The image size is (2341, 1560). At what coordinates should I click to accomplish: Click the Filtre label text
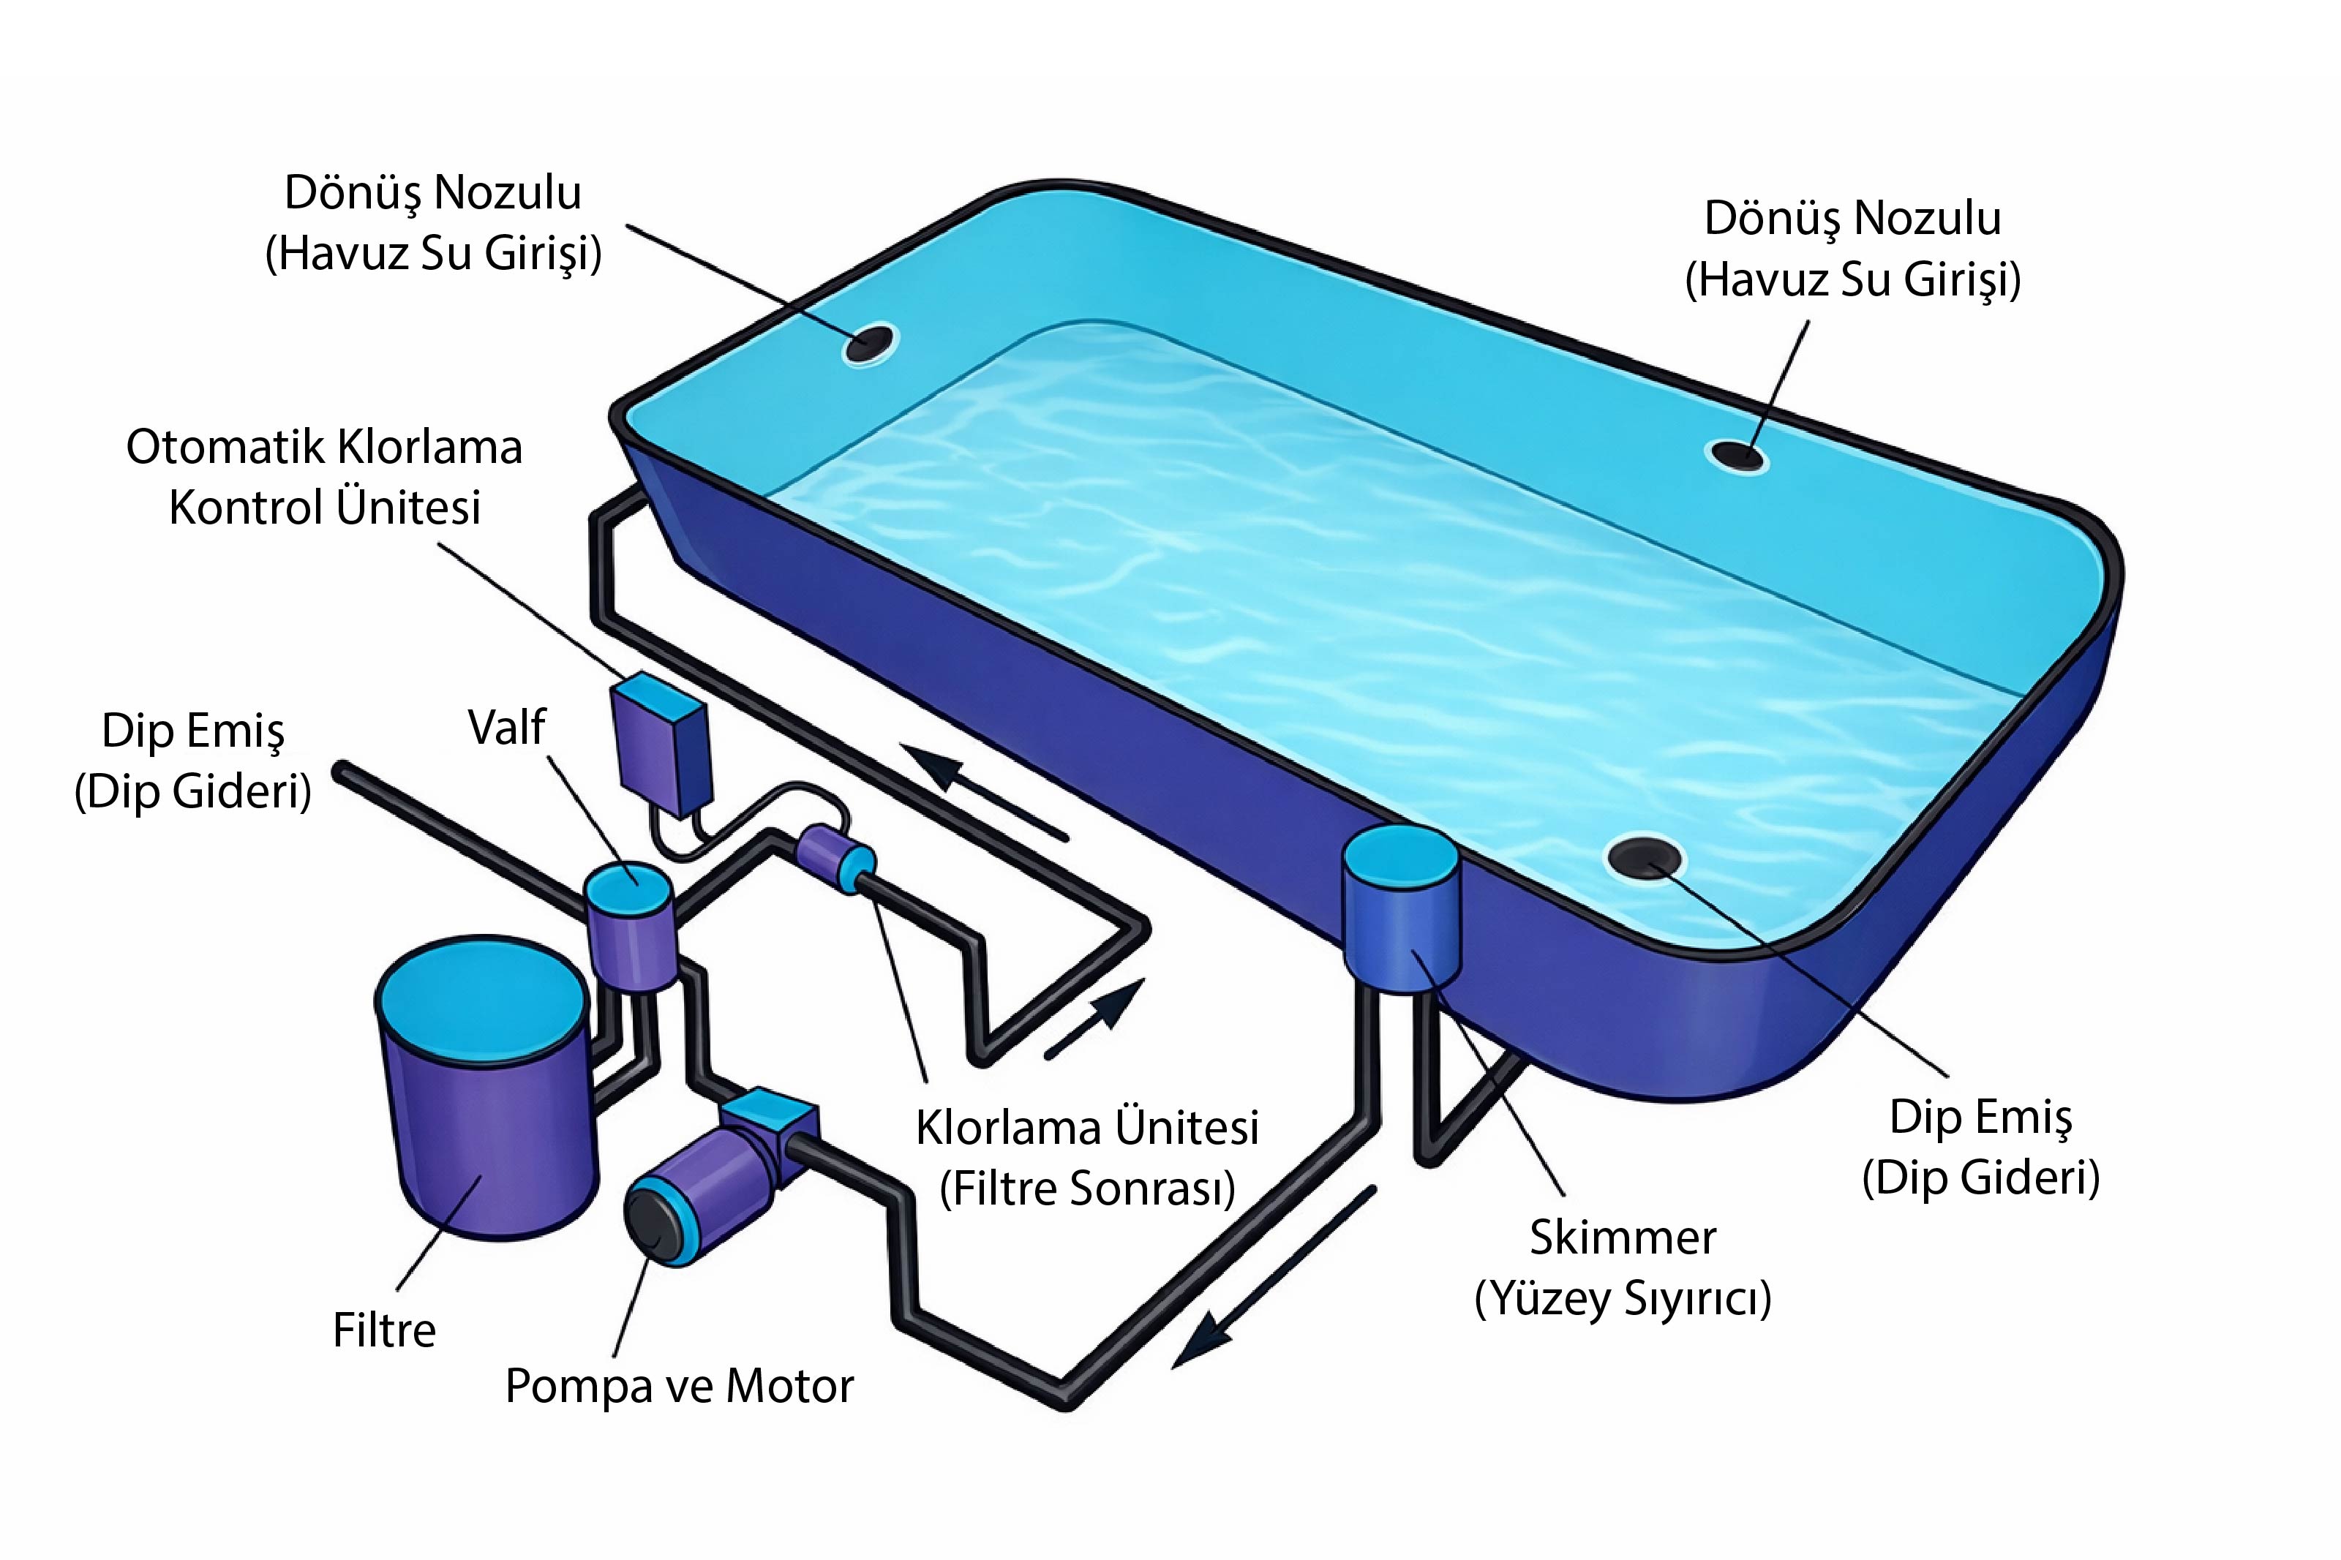pos(384,1330)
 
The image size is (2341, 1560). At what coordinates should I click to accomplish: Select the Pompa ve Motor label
pos(680,1387)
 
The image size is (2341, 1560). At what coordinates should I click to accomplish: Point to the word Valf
pos(506,727)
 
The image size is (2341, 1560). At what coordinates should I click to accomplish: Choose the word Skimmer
pos(1623,1237)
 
